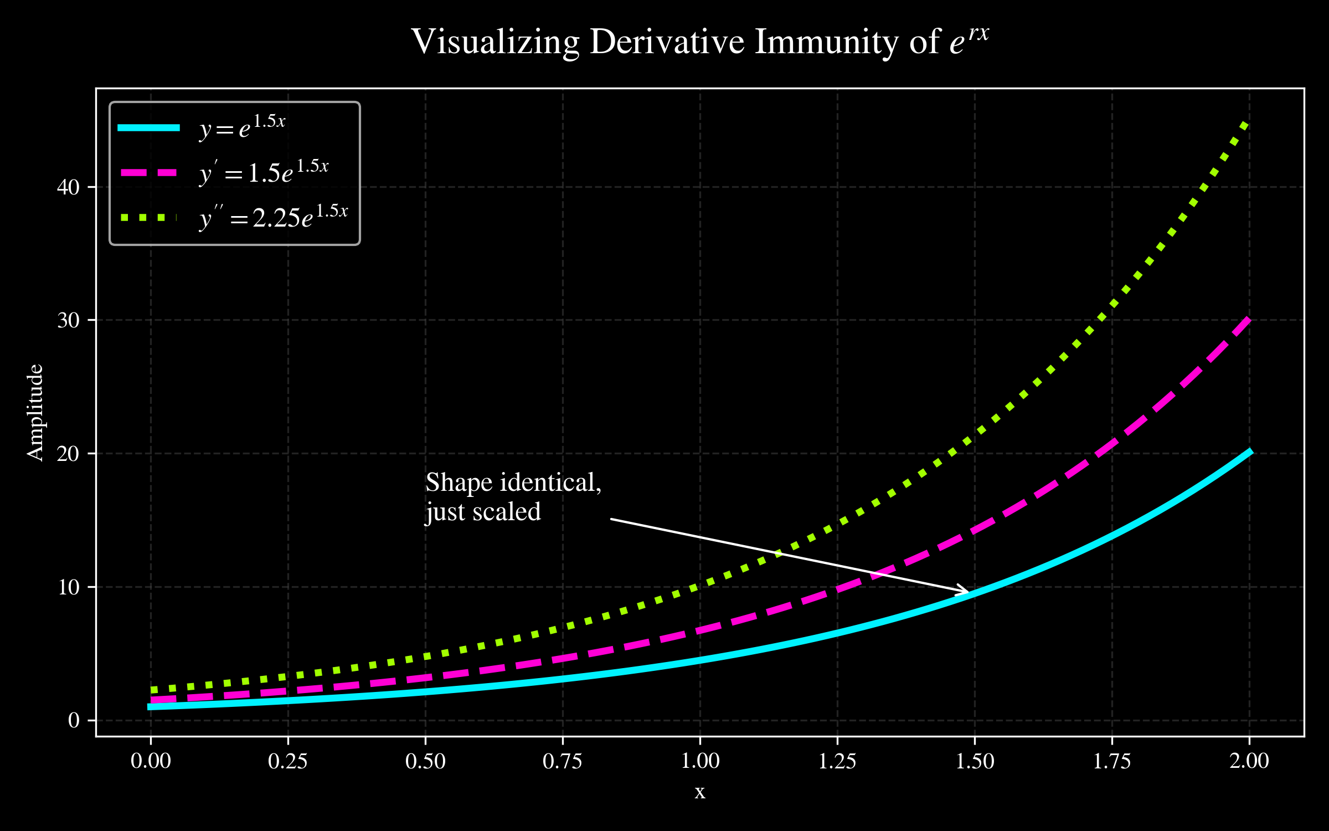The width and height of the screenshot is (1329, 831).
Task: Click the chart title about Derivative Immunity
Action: [700, 42]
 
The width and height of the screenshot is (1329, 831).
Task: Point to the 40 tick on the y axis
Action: [69, 187]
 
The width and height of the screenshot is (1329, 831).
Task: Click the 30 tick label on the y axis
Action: [69, 320]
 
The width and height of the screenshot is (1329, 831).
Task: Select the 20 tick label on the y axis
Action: [69, 454]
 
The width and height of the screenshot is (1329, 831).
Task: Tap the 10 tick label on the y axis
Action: [69, 587]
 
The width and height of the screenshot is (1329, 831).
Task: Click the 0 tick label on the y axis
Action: [74, 720]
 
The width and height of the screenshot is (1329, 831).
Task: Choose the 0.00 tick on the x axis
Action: [151, 761]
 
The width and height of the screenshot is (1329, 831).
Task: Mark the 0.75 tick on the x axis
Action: [563, 761]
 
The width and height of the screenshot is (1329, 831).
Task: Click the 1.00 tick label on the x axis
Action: [700, 761]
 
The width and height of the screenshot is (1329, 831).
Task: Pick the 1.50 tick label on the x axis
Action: [975, 761]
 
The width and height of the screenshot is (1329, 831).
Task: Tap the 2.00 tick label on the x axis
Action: [1249, 761]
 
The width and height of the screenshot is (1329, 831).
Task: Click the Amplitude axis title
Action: [35, 412]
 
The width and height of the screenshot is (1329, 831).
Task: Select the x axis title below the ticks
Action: [700, 792]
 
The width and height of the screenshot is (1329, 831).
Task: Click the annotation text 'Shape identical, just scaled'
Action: [513, 497]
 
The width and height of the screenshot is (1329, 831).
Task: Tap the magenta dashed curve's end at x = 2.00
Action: [1248, 320]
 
